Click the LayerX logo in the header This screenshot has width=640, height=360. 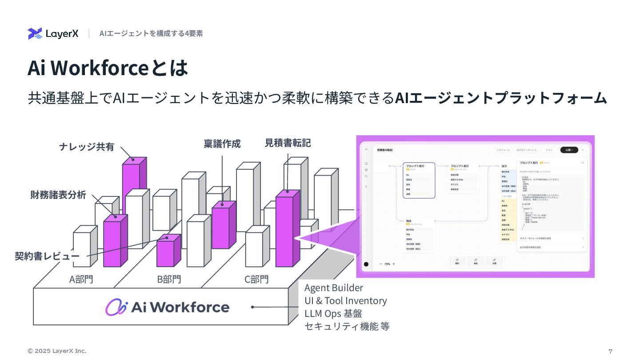coord(53,33)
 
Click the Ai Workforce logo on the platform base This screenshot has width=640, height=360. coord(167,307)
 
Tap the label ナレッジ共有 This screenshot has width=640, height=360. coord(87,147)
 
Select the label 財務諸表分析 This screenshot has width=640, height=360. coord(58,195)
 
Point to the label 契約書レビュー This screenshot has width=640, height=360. coord(47,256)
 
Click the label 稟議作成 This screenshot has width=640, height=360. coord(222,144)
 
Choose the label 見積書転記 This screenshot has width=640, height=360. coord(288,143)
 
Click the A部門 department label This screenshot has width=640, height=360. coord(81,279)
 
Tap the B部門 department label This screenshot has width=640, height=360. coord(169,279)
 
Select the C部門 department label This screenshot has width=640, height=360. coord(257,279)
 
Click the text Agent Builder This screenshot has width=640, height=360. coord(333,288)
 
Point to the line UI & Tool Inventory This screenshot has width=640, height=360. coord(345,300)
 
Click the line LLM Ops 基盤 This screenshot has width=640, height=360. coord(333,313)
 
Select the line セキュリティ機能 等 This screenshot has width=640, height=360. coord(347,326)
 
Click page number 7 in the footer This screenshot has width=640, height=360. coord(610,351)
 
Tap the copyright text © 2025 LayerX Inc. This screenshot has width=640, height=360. coord(57,351)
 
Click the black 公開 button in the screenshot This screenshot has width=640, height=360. coord(569,150)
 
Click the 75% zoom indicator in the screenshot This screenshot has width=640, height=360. coord(387,264)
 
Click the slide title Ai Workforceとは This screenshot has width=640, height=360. coord(108,68)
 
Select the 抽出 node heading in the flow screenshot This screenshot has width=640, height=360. coord(408,220)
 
